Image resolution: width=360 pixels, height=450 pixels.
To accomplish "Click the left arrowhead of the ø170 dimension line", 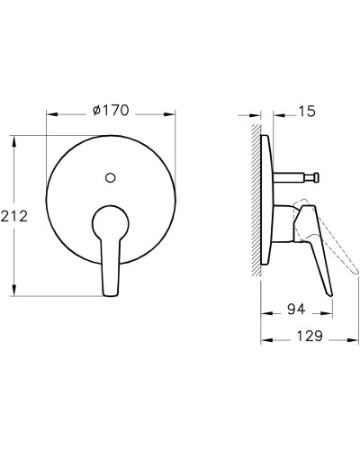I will [49, 114].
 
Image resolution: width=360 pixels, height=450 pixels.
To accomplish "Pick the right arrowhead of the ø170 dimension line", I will [171, 114].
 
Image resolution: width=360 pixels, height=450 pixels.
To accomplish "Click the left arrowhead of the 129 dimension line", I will [264, 340].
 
